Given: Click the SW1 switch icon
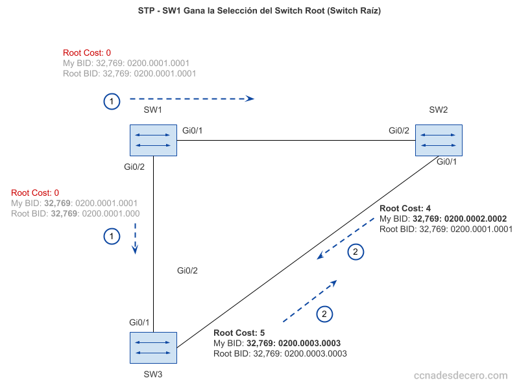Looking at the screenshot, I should coord(153,141).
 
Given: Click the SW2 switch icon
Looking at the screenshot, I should coord(439,141).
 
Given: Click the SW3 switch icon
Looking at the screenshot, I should coord(153,348).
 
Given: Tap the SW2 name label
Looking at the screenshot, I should coord(439,110).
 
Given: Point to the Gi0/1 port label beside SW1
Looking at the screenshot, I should coord(193,131).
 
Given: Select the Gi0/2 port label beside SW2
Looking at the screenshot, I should coord(399,131).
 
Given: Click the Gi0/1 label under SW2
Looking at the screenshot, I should coord(446,161).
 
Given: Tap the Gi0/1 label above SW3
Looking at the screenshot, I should coord(139,322).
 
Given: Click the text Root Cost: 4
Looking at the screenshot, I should coord(405,209).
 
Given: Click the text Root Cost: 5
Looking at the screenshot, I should coord(239,333).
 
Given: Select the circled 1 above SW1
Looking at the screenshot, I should coord(112,102).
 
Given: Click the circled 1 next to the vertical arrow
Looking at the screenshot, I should coord(112,237).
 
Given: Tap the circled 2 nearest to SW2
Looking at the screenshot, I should coord(356,252).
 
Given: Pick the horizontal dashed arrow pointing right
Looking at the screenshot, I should coord(191,99).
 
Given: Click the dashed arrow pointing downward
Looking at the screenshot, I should coord(135,238).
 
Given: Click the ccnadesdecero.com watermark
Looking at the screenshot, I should coord(461,375).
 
